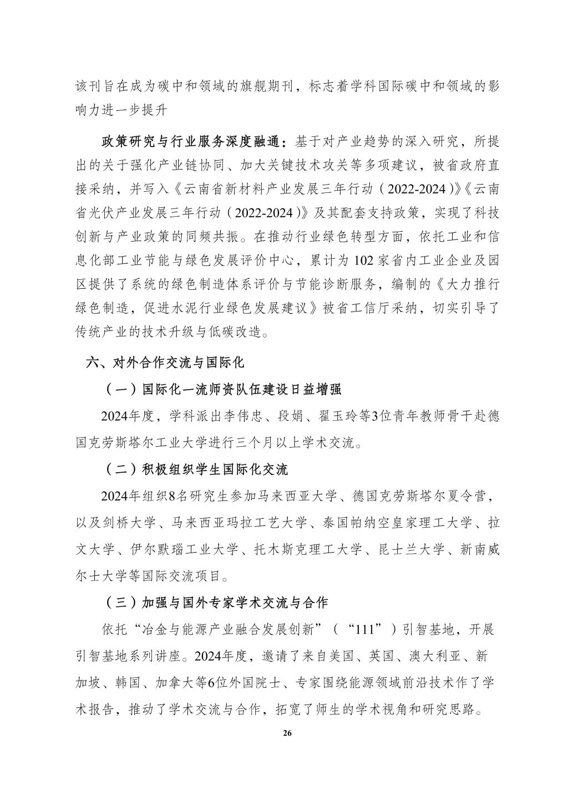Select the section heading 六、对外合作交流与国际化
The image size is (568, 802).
[165, 364]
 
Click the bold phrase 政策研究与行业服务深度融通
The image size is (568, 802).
[195, 142]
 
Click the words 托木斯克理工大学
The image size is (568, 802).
[311, 550]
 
